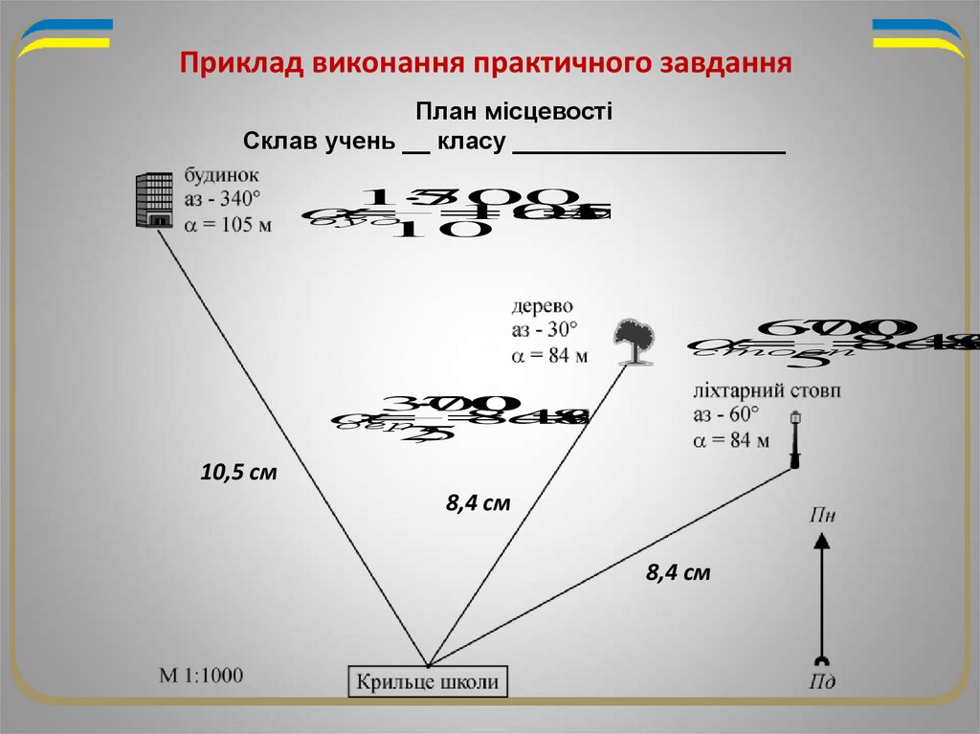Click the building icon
tap(154, 201)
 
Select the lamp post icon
tap(794, 440)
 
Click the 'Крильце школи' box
tap(427, 683)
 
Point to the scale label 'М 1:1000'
tap(201, 676)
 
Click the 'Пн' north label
tap(822, 516)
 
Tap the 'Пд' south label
tap(821, 681)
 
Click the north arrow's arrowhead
tap(820, 542)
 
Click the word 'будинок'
tap(219, 177)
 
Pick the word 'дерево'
tap(542, 306)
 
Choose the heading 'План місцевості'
tap(514, 112)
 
